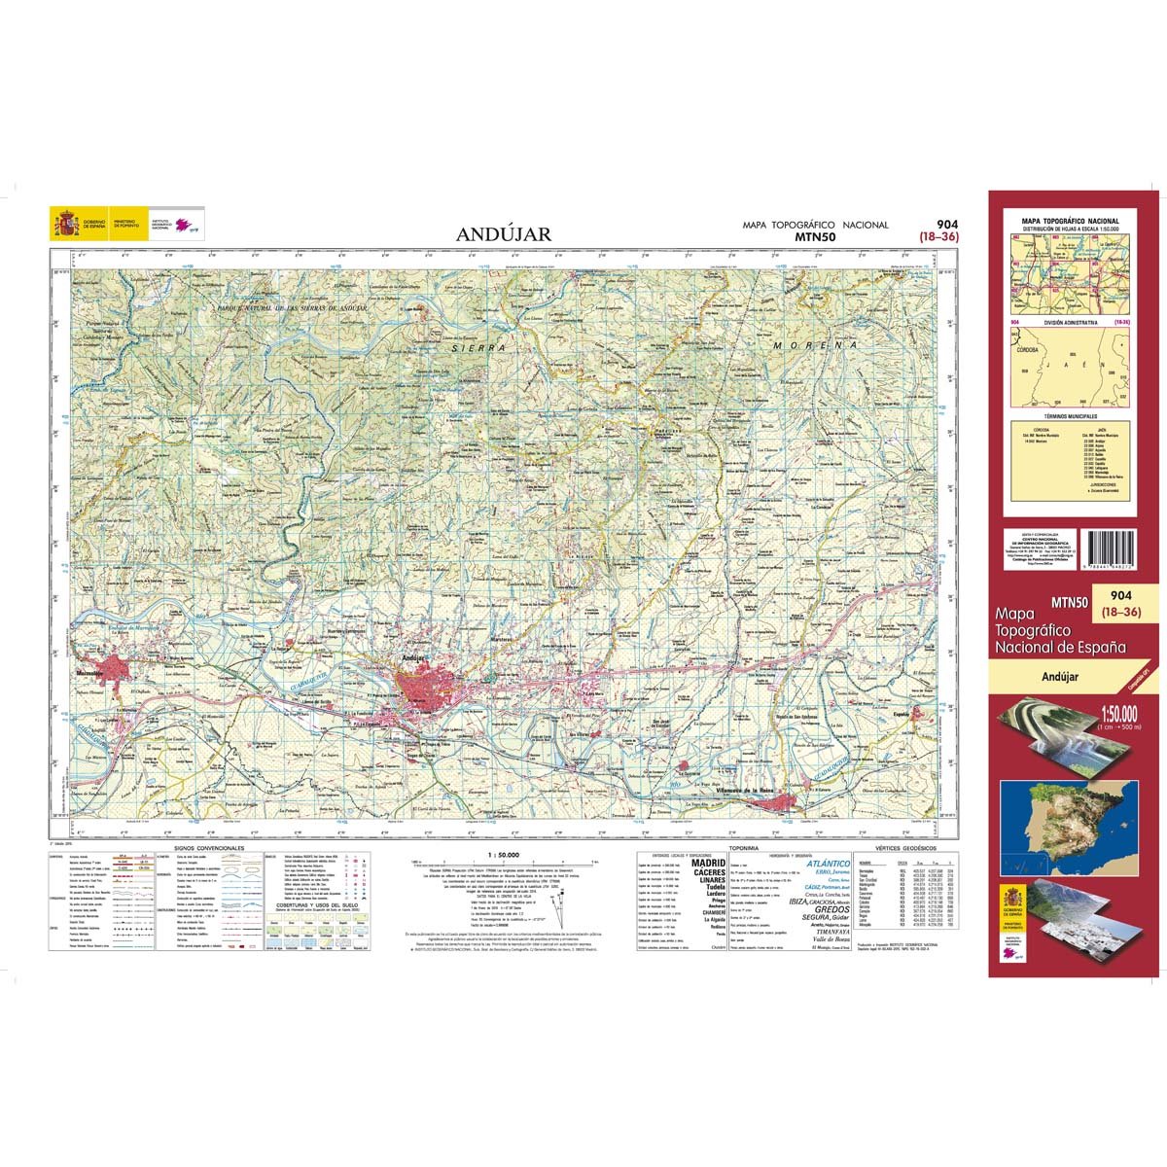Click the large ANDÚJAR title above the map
coord(504,233)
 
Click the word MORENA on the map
coord(815,344)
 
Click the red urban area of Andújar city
coord(421,685)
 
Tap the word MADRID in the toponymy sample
coord(707,863)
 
